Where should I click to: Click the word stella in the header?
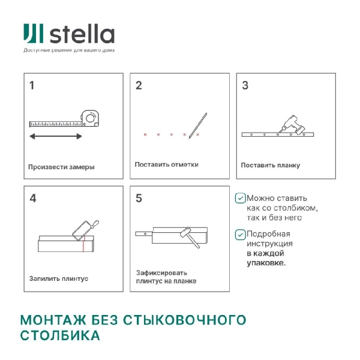(81, 34)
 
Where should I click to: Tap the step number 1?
(32, 85)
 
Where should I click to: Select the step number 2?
(139, 85)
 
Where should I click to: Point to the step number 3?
(245, 85)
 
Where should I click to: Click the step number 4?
(32, 198)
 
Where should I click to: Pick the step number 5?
(139, 198)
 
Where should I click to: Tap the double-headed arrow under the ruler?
(56, 137)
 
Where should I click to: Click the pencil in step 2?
(197, 125)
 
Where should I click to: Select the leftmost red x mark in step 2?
(145, 134)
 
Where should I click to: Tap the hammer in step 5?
(188, 236)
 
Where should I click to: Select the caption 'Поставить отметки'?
(166, 164)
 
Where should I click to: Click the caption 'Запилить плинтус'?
(59, 279)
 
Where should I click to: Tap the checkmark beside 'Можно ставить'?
(240, 197)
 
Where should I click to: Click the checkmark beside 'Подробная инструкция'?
(240, 235)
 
